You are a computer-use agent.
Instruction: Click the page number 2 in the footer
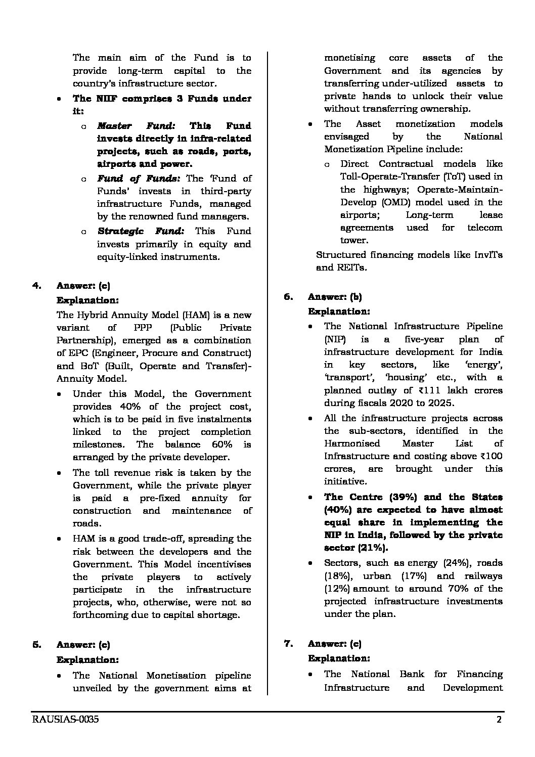499,720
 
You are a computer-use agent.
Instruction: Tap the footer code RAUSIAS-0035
65,720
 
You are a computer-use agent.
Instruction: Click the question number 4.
36,286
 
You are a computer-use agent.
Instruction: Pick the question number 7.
288,644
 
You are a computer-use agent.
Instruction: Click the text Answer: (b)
335,297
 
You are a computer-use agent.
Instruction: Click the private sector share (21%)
373,548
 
